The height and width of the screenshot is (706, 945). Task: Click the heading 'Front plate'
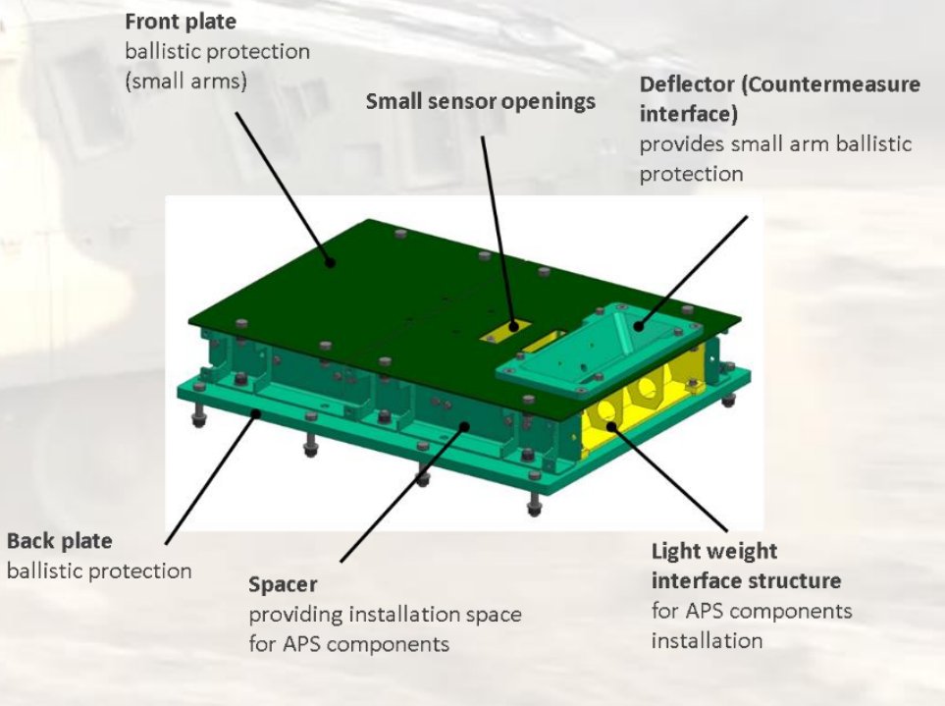(181, 20)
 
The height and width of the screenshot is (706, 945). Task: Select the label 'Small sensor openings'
(480, 101)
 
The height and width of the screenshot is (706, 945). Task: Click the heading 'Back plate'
(59, 541)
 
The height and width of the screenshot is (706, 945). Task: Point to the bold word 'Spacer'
(283, 585)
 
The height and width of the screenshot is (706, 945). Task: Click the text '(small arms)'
(185, 81)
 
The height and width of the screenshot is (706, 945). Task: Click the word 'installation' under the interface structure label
(707, 641)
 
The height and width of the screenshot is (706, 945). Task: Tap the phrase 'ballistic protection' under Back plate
(98, 570)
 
